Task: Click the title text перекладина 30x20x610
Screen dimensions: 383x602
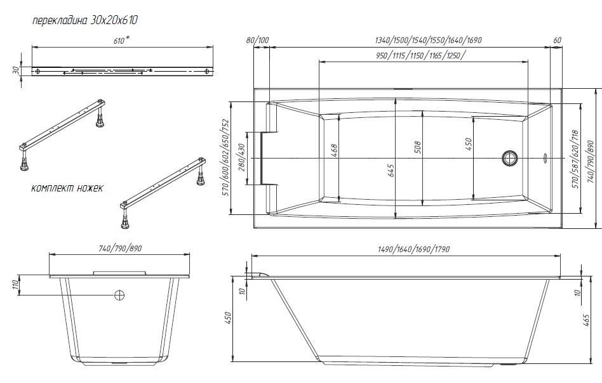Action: coord(85,20)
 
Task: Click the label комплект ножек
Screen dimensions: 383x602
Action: coord(67,188)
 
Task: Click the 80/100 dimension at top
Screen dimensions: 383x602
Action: coord(258,41)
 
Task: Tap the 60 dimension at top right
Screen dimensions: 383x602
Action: coord(557,41)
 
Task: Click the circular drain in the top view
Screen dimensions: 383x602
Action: coord(510,157)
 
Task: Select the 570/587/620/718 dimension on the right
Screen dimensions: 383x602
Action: coord(575,157)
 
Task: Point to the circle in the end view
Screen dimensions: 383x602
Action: coord(119,295)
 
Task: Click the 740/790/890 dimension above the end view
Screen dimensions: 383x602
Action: coord(119,249)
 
